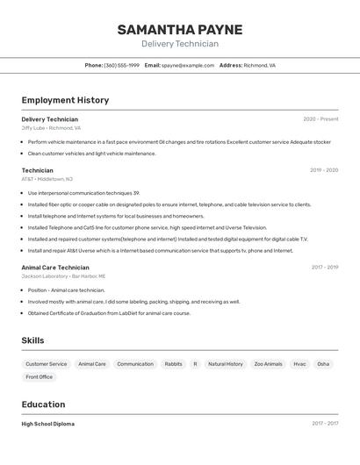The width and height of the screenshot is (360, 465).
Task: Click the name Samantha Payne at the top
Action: click(179, 30)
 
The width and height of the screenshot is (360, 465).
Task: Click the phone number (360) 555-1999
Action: click(121, 65)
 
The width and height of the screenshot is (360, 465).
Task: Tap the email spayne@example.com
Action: click(188, 65)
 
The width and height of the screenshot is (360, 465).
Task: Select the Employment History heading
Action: click(65, 100)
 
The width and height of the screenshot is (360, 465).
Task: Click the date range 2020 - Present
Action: click(320, 119)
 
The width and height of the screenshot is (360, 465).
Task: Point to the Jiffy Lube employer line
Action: click(51, 128)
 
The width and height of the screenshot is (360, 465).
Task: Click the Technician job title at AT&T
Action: click(37, 170)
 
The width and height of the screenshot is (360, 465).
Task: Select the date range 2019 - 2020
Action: click(324, 170)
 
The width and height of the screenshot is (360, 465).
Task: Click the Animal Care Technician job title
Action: click(55, 268)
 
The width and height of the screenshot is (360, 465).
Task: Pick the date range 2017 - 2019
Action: click(325, 268)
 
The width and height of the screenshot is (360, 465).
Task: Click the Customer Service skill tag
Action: click(46, 363)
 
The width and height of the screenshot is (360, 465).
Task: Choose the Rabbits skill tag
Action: click(174, 363)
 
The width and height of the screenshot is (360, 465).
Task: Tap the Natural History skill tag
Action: click(226, 363)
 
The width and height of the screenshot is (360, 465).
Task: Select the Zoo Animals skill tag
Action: click(269, 363)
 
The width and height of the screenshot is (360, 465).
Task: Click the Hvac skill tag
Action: click(300, 363)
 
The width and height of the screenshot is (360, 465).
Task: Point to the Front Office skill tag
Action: click(39, 377)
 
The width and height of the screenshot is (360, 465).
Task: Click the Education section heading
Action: click(43, 404)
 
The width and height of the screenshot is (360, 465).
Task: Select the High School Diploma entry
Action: click(48, 424)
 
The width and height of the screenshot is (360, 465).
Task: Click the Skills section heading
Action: click(32, 340)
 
